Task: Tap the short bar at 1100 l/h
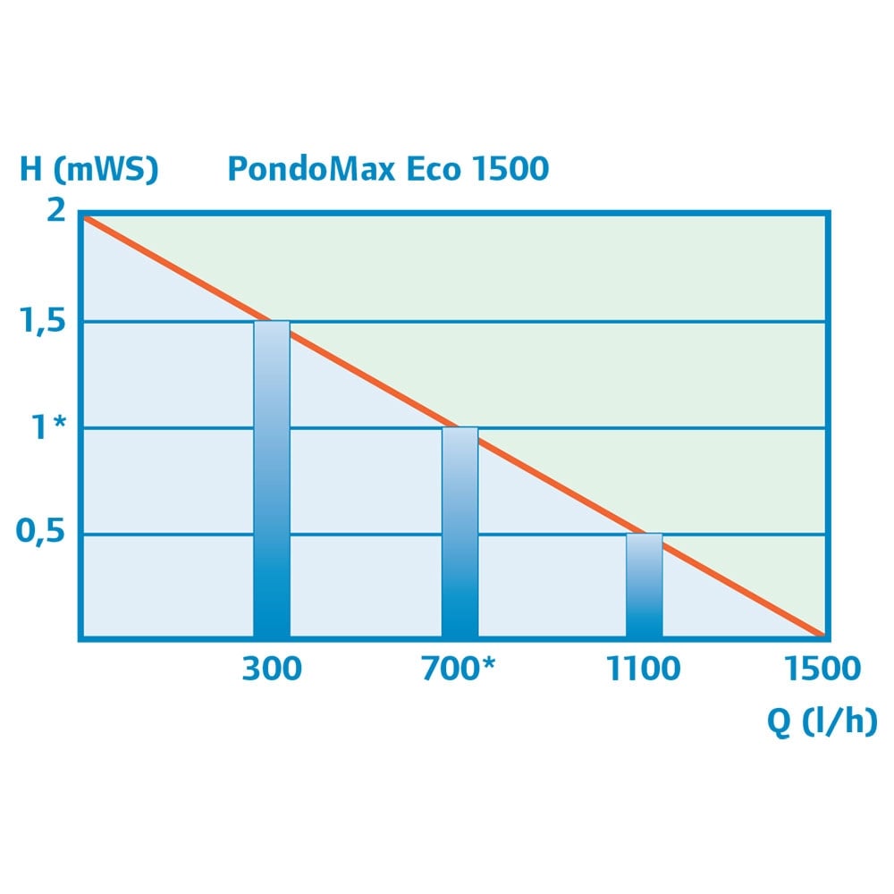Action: [x=644, y=586]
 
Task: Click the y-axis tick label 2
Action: [x=56, y=211]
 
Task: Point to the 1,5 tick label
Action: [x=41, y=322]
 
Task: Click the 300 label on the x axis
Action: [x=272, y=669]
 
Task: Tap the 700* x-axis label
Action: [x=459, y=669]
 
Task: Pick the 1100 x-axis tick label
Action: [x=644, y=669]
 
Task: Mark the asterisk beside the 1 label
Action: [x=61, y=423]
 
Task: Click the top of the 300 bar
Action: [x=272, y=323]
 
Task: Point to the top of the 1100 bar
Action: [x=644, y=536]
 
